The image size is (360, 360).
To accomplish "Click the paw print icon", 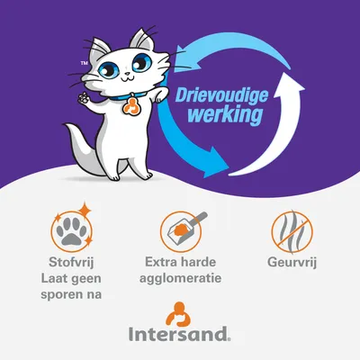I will (x=69, y=230).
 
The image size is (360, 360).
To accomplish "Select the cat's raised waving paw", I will (x=88, y=94).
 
